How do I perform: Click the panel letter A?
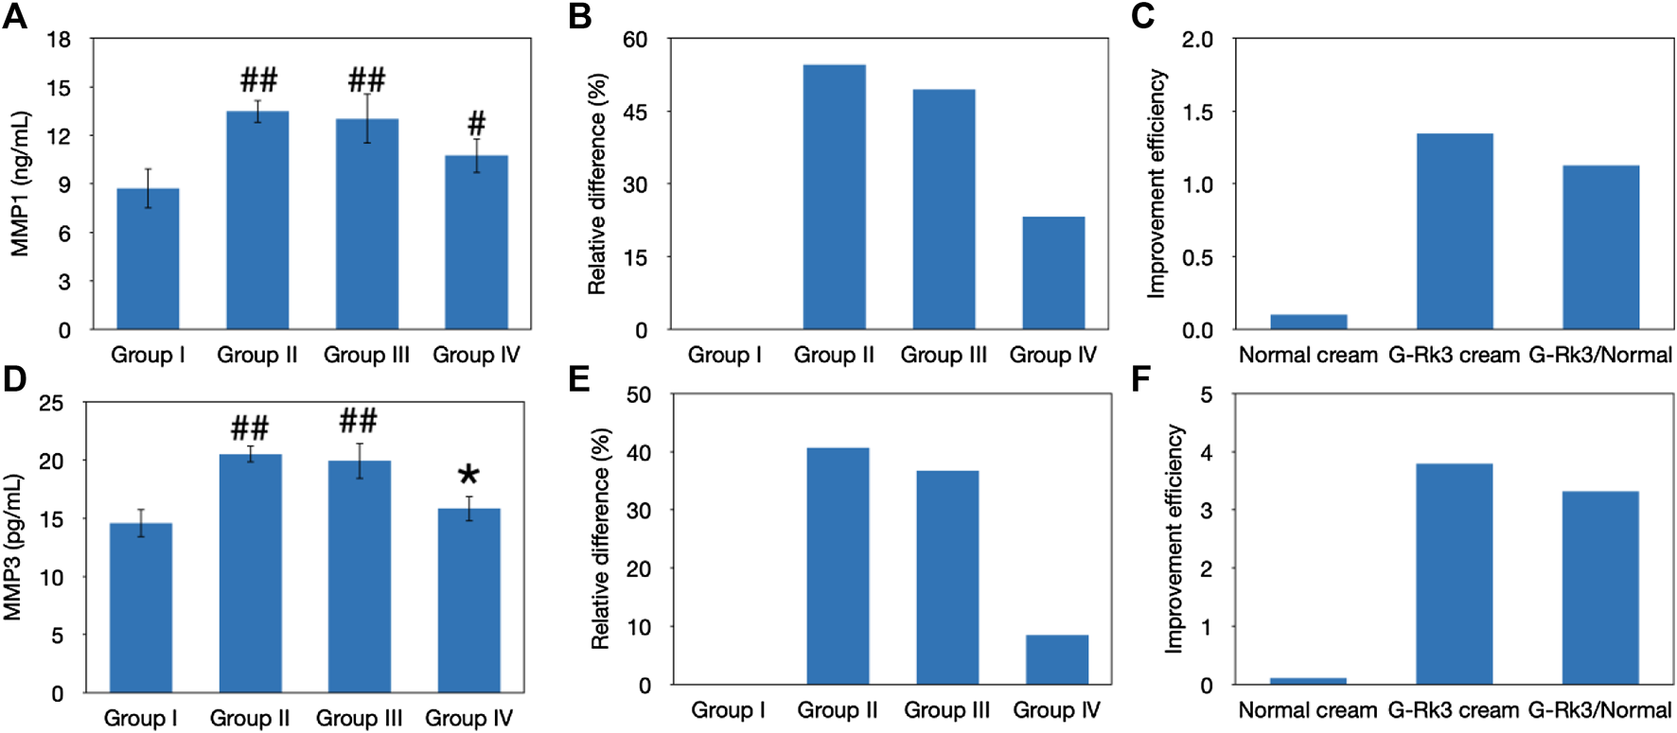point(15,16)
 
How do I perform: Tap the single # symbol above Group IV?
point(477,123)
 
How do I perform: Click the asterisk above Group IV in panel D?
point(468,475)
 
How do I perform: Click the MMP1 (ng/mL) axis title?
point(20,184)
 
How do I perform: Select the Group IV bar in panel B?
point(1053,273)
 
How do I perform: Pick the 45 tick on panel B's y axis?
point(635,113)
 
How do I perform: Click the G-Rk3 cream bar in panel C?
point(1455,232)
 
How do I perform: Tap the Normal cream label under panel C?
point(1308,356)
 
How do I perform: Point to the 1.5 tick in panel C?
point(1198,113)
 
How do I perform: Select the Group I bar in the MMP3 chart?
point(141,607)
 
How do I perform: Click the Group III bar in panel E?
point(947,577)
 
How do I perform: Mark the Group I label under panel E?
point(728,710)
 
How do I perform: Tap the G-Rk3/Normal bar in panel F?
point(1600,587)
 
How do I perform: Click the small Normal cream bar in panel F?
point(1308,680)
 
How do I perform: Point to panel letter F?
point(1141,380)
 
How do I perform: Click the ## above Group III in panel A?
point(367,79)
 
